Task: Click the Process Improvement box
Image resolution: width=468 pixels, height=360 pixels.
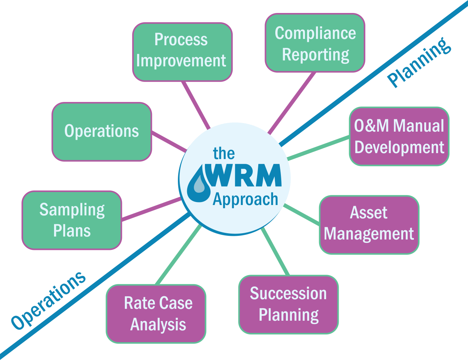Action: point(182,52)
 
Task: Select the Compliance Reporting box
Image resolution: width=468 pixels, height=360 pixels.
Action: point(315,43)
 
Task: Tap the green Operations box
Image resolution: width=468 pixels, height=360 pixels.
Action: point(102,132)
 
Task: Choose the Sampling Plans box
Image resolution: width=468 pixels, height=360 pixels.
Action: point(72,220)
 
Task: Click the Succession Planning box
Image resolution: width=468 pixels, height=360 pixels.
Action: point(289,304)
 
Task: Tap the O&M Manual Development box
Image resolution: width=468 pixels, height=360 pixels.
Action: point(399,136)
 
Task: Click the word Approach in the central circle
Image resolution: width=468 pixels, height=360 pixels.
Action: point(245,199)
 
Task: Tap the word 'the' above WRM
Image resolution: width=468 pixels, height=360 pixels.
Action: point(224,153)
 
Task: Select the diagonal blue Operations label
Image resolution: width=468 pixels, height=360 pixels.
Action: point(49,301)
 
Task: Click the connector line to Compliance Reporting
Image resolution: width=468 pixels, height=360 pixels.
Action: point(292,103)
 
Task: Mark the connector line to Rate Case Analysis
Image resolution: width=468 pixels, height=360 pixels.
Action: point(178,255)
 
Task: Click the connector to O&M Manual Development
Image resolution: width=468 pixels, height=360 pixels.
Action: point(318,148)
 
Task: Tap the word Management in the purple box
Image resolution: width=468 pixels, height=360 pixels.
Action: point(369,234)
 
